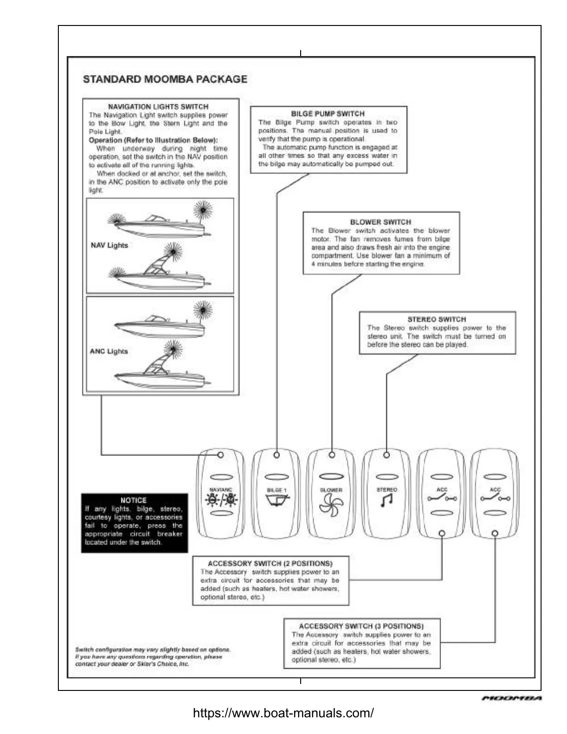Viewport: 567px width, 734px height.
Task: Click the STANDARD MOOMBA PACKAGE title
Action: click(165, 79)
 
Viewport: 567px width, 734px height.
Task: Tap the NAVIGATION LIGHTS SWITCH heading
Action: click(158, 107)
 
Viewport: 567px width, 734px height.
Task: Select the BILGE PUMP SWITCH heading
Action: click(328, 114)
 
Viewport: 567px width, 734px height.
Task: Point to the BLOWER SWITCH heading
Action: click(380, 222)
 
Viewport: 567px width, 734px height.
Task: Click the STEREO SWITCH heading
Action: click(436, 319)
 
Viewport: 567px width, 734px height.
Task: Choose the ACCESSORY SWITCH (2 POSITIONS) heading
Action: click(270, 563)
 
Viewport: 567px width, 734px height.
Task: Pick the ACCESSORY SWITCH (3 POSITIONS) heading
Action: click(361, 626)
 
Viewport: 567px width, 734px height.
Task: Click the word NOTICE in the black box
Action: click(133, 500)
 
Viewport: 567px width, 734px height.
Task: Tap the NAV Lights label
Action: click(109, 245)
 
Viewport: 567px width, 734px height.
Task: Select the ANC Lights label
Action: click(109, 351)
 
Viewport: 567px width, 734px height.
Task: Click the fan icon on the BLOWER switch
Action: click(331, 503)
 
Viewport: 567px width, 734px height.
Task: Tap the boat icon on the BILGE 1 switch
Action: click(277, 500)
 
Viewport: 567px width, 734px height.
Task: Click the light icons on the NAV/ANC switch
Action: click(221, 500)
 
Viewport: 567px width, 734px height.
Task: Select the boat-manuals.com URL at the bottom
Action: click(283, 713)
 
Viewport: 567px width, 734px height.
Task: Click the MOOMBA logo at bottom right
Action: click(512, 698)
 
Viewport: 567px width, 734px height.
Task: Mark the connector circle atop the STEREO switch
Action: click(387, 455)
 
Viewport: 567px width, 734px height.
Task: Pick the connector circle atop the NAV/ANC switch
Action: click(221, 455)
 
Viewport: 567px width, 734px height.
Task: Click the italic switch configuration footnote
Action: click(153, 657)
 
